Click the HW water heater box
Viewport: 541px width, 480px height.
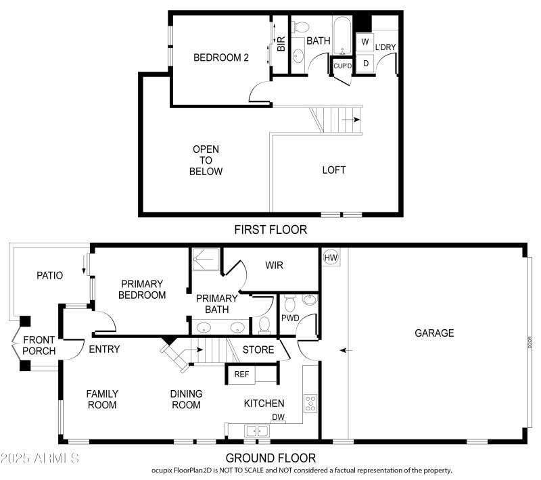(x=331, y=257)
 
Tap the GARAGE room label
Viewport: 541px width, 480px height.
(x=434, y=333)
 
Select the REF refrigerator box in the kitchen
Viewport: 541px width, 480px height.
(x=241, y=374)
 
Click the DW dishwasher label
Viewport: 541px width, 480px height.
(x=277, y=417)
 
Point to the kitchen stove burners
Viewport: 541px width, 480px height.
(x=310, y=404)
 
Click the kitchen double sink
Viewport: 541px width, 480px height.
(x=256, y=431)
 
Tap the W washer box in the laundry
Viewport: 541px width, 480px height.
(x=365, y=42)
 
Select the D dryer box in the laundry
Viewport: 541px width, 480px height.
(x=365, y=64)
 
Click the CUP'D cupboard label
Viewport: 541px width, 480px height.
(x=342, y=66)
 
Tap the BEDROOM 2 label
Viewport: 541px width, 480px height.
(x=221, y=58)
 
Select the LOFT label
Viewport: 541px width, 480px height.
(x=334, y=170)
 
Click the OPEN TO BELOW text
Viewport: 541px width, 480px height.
(x=206, y=160)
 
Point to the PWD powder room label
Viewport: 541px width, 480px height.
(x=290, y=318)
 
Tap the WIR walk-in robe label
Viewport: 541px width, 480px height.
(x=274, y=266)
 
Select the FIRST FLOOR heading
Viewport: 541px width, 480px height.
(x=270, y=230)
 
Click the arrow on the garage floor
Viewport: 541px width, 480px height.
(x=345, y=350)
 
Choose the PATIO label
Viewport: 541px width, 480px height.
(x=49, y=275)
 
